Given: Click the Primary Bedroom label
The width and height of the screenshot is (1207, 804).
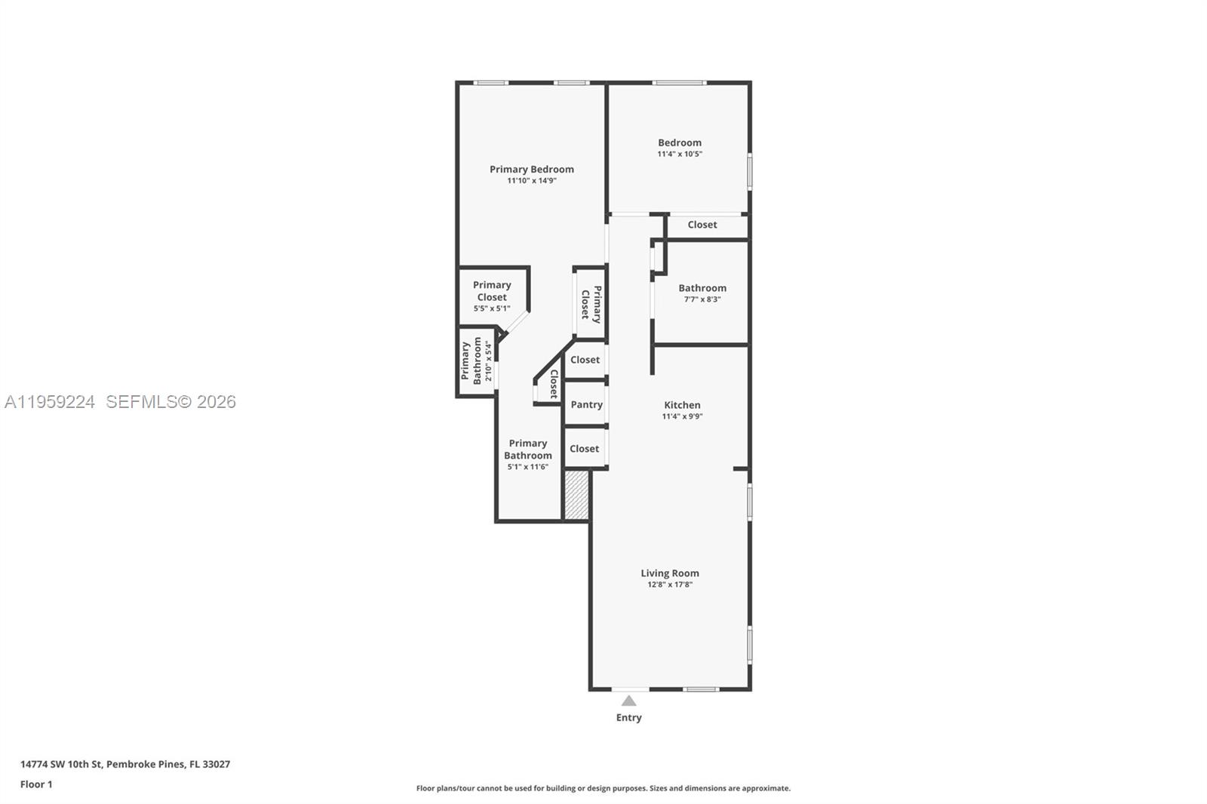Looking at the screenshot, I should coord(531,169).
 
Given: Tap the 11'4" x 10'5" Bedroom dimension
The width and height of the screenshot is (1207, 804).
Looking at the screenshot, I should coord(679,154).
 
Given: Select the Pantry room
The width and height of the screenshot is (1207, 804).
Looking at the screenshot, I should coord(586,405).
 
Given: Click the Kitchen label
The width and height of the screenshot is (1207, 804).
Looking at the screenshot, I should coord(682,405).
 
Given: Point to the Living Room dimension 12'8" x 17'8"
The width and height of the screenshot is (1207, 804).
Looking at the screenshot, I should coord(669,585).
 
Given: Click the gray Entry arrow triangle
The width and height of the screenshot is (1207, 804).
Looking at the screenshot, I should coord(628,701).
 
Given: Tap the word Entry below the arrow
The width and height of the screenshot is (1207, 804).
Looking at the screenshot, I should coord(628,717).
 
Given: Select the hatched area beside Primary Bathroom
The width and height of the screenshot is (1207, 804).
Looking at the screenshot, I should coord(576,495).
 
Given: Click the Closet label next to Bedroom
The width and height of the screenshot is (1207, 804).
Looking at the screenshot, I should coord(702,225).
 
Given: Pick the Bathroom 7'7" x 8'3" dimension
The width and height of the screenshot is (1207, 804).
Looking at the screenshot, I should coord(702,299).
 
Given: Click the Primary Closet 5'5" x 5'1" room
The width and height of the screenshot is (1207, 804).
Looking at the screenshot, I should coord(491,296).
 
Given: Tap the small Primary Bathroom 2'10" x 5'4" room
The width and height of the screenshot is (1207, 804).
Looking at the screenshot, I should coord(476,361).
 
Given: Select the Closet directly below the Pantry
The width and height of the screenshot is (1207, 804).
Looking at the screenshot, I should coord(584,449).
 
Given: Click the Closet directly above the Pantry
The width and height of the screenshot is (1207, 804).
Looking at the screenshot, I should coord(585,360).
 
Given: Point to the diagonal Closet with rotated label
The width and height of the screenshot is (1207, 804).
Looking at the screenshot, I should coord(552,383).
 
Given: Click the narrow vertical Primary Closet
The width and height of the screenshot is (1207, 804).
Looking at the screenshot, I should coord(590,303).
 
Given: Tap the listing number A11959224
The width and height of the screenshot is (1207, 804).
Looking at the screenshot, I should coord(50,402).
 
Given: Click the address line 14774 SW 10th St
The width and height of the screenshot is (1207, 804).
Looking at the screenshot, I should coord(125,764).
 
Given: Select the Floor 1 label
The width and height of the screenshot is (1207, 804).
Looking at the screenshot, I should coord(36,784).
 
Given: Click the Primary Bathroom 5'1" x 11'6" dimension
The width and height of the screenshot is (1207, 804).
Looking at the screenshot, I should coord(527,467).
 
